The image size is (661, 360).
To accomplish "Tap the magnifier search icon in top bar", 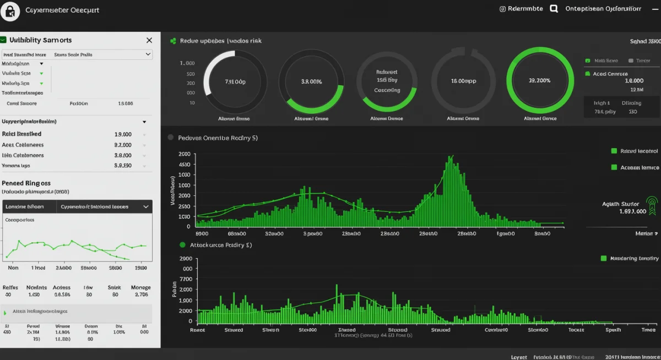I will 554,9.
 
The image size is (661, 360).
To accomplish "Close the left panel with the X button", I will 149,40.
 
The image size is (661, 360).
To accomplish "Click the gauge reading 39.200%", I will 539,80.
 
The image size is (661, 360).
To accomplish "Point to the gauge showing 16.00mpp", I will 463,81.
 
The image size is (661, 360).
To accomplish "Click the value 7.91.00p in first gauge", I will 235,81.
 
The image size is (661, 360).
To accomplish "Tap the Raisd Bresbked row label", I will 21,134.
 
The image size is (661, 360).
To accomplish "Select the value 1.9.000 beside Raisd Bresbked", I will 123,134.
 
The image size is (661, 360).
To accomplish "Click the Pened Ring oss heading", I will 26,183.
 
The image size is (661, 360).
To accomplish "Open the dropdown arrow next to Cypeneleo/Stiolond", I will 146,206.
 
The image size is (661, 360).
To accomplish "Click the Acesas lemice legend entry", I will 639,167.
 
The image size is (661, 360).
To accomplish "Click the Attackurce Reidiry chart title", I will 220,244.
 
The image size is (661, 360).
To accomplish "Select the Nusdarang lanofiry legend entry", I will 633,258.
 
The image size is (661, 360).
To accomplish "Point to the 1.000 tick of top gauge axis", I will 187,63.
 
